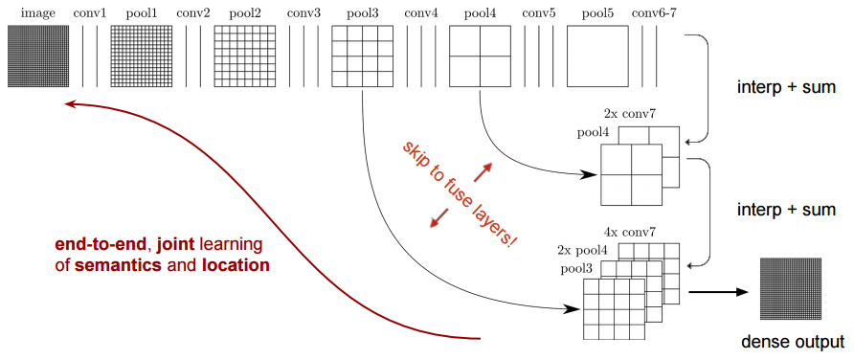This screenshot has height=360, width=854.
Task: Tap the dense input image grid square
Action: [x=38, y=56]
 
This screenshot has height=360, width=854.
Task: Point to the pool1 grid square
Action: [x=141, y=56]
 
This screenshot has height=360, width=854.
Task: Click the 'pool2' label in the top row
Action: [x=244, y=13]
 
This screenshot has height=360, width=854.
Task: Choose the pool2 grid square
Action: [x=244, y=56]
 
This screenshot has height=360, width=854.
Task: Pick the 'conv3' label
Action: [x=303, y=13]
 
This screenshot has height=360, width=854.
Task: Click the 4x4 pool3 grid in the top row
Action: [x=363, y=56]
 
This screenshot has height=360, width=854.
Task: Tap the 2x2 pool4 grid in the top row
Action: [x=480, y=56]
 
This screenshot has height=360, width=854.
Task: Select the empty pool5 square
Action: [x=597, y=56]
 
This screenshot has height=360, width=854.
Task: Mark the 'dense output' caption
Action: [x=794, y=342]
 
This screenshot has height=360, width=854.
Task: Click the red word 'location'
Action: [x=235, y=263]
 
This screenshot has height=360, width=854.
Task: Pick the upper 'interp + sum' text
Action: [x=788, y=88]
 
